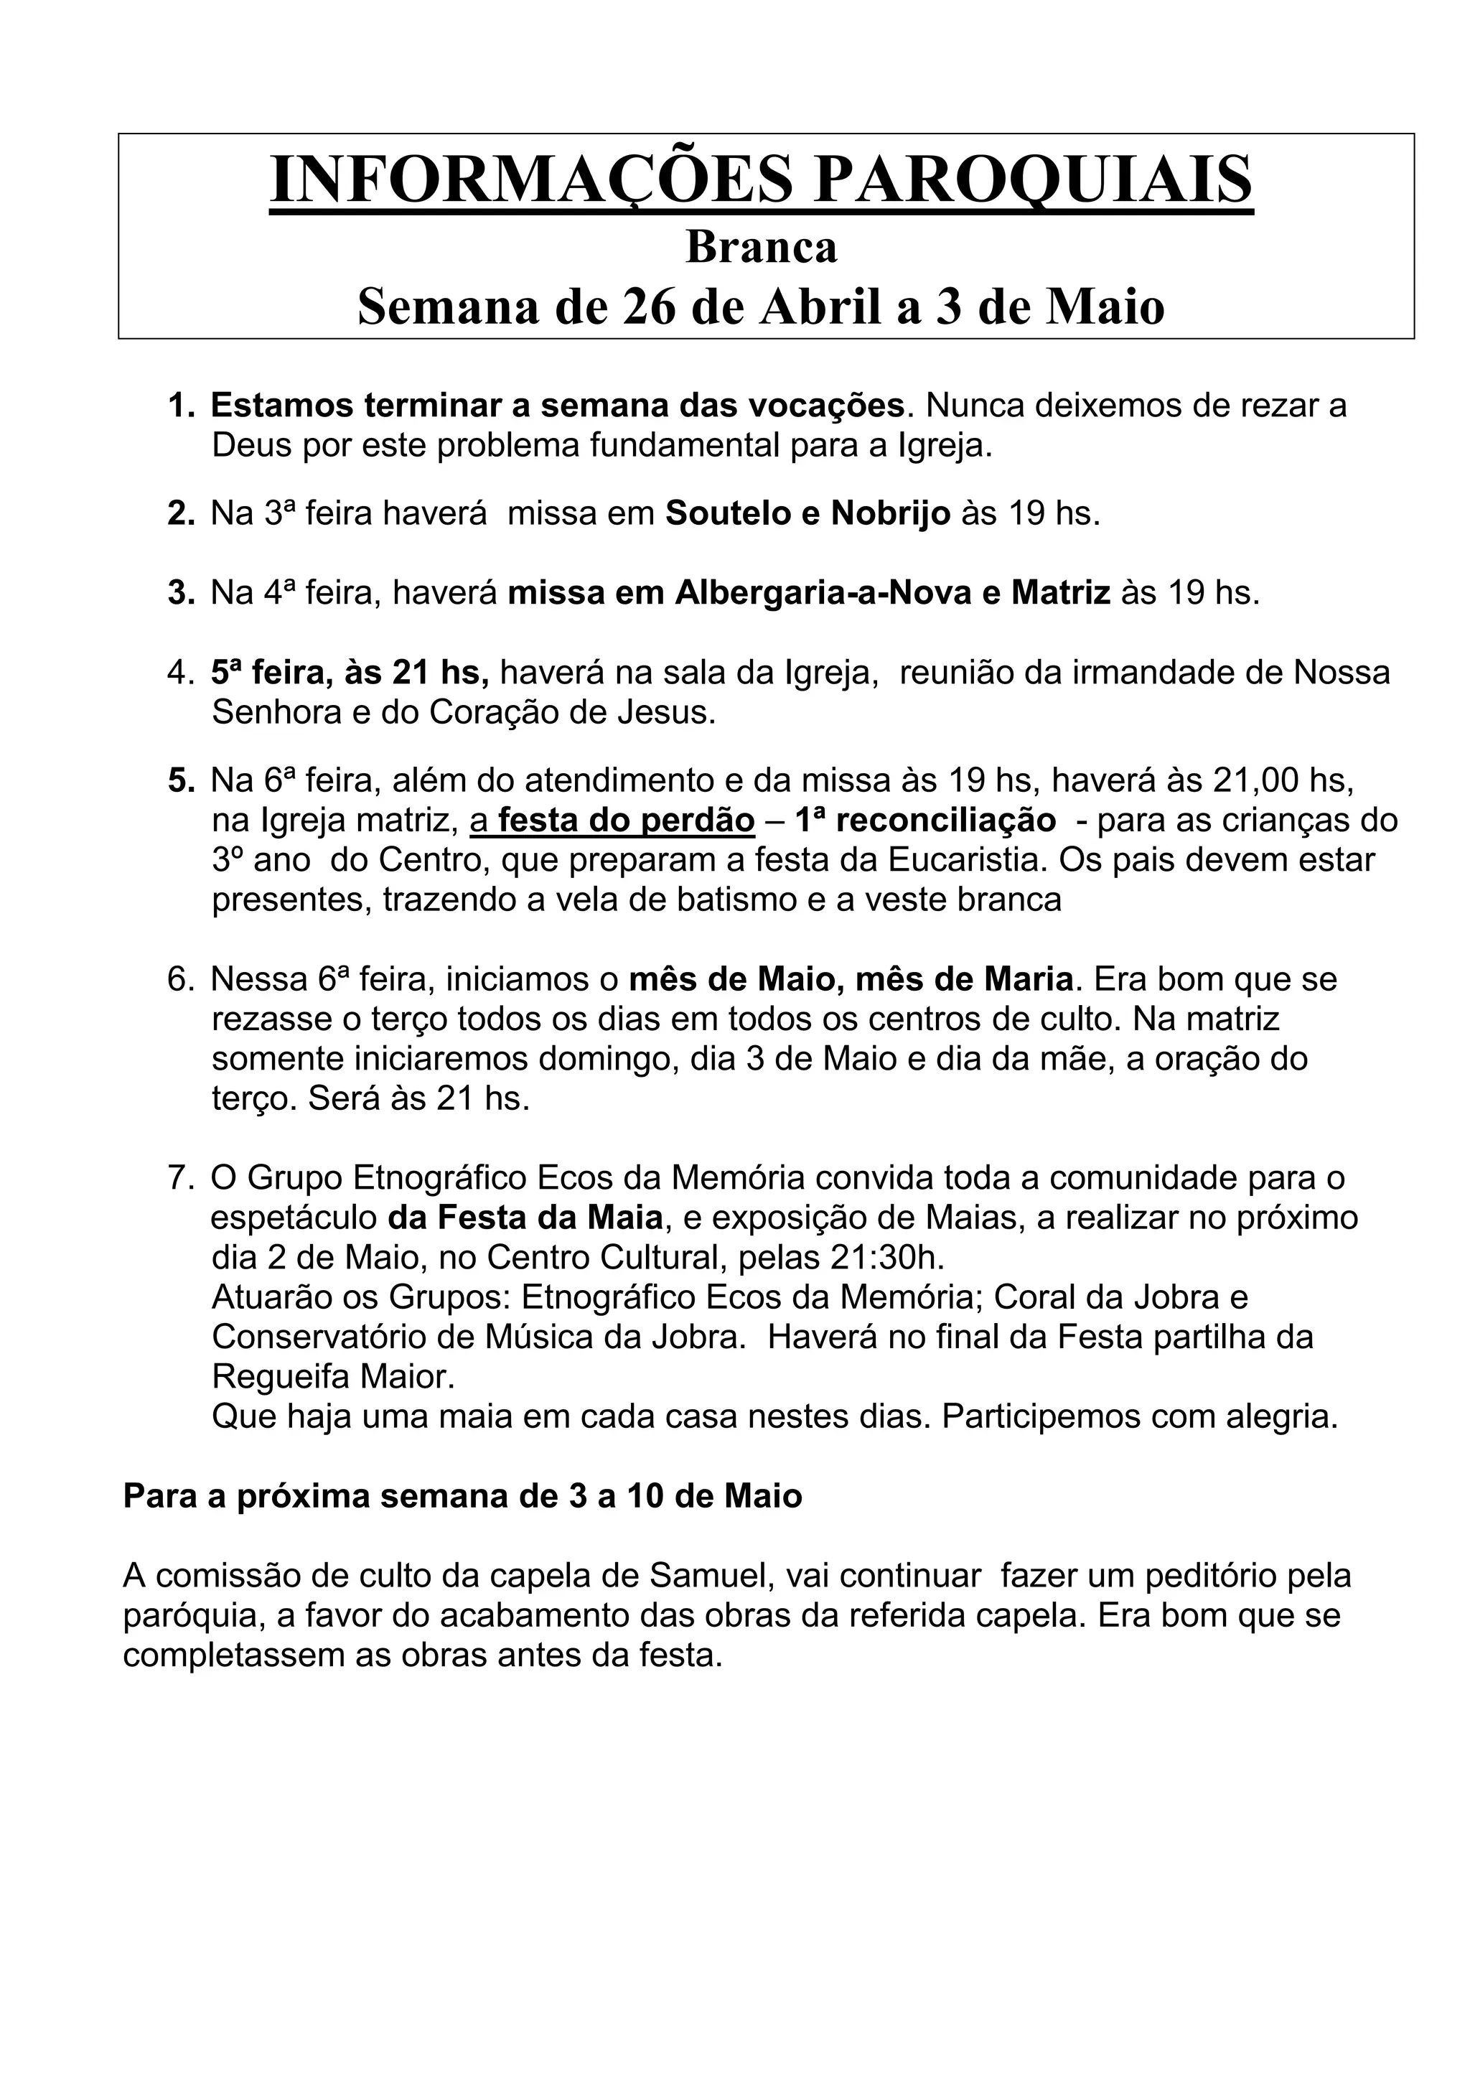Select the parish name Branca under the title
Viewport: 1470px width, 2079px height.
[762, 246]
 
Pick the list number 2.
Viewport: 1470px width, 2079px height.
[180, 514]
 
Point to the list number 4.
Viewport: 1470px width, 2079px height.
[180, 673]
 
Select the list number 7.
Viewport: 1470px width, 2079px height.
[180, 1179]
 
